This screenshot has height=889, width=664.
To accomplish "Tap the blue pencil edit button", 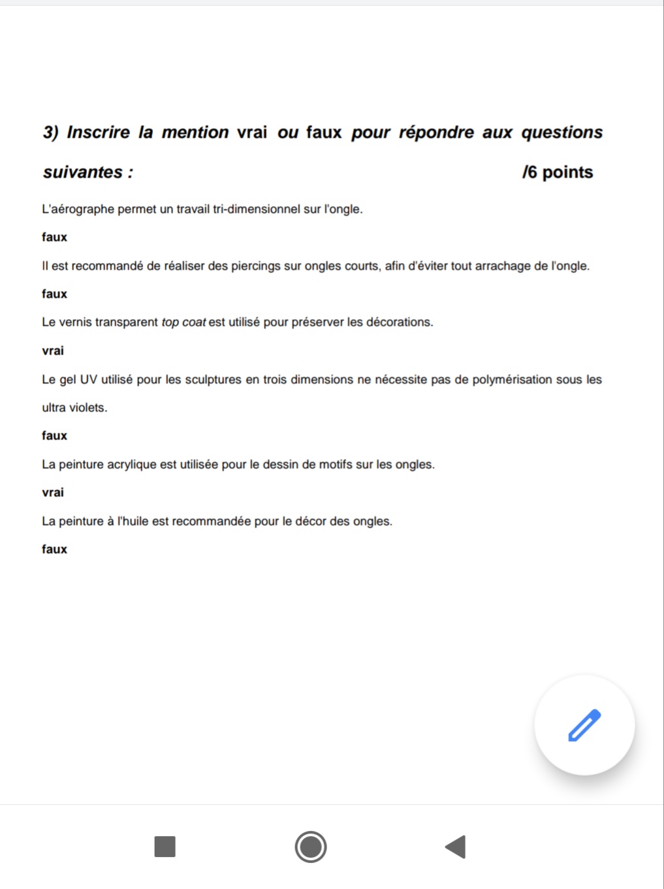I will click(584, 725).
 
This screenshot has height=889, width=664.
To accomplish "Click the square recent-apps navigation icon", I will click(165, 847).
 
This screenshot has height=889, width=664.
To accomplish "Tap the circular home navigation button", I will click(311, 847).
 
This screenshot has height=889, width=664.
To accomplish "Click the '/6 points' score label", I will click(557, 172).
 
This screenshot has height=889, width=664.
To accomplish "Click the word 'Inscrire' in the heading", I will click(99, 133).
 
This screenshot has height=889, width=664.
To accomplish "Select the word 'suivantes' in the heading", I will click(83, 172).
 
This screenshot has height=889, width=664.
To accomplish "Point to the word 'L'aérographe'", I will click(78, 210).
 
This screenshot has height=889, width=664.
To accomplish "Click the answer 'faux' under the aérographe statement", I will click(54, 237).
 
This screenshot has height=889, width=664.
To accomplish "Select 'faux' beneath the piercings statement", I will click(54, 294).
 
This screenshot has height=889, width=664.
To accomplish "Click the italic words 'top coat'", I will click(183, 322).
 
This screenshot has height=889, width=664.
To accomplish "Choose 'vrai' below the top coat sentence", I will click(53, 351).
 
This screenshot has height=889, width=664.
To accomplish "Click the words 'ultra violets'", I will click(74, 408).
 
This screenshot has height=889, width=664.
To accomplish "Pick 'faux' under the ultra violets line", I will click(54, 435).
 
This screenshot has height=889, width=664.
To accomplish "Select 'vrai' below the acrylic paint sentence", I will click(53, 492).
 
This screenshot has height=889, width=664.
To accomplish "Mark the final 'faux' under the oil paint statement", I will click(54, 549).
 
